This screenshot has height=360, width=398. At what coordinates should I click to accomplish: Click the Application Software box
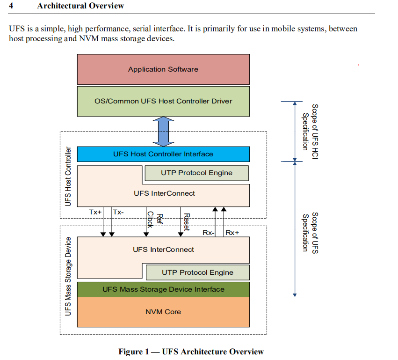[x=163, y=69]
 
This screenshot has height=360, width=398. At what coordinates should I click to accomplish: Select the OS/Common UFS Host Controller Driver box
[x=163, y=101]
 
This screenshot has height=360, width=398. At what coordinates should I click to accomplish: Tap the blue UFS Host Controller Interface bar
[x=163, y=154]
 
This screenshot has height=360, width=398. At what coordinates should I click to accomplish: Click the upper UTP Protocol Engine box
[x=196, y=173]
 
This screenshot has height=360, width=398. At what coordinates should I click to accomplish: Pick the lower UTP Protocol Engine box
[x=197, y=272]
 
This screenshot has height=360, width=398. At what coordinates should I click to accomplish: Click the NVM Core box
[x=163, y=312]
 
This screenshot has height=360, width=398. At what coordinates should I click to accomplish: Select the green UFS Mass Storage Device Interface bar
[x=163, y=289]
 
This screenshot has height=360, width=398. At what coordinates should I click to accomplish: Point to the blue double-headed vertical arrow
[x=163, y=131]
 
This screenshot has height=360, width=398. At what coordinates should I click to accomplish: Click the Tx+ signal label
[x=95, y=212]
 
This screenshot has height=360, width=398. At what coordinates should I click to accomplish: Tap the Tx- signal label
[x=118, y=212]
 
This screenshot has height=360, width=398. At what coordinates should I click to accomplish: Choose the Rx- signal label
[x=208, y=233]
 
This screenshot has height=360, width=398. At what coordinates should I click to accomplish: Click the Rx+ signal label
[x=232, y=233]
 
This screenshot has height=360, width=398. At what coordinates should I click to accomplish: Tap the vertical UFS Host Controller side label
[x=68, y=176]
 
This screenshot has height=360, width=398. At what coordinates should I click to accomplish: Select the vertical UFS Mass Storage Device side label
[x=68, y=276]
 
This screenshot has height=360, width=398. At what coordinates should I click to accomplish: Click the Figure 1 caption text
[x=191, y=352]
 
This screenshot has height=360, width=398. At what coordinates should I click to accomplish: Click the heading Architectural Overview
[x=80, y=6]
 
